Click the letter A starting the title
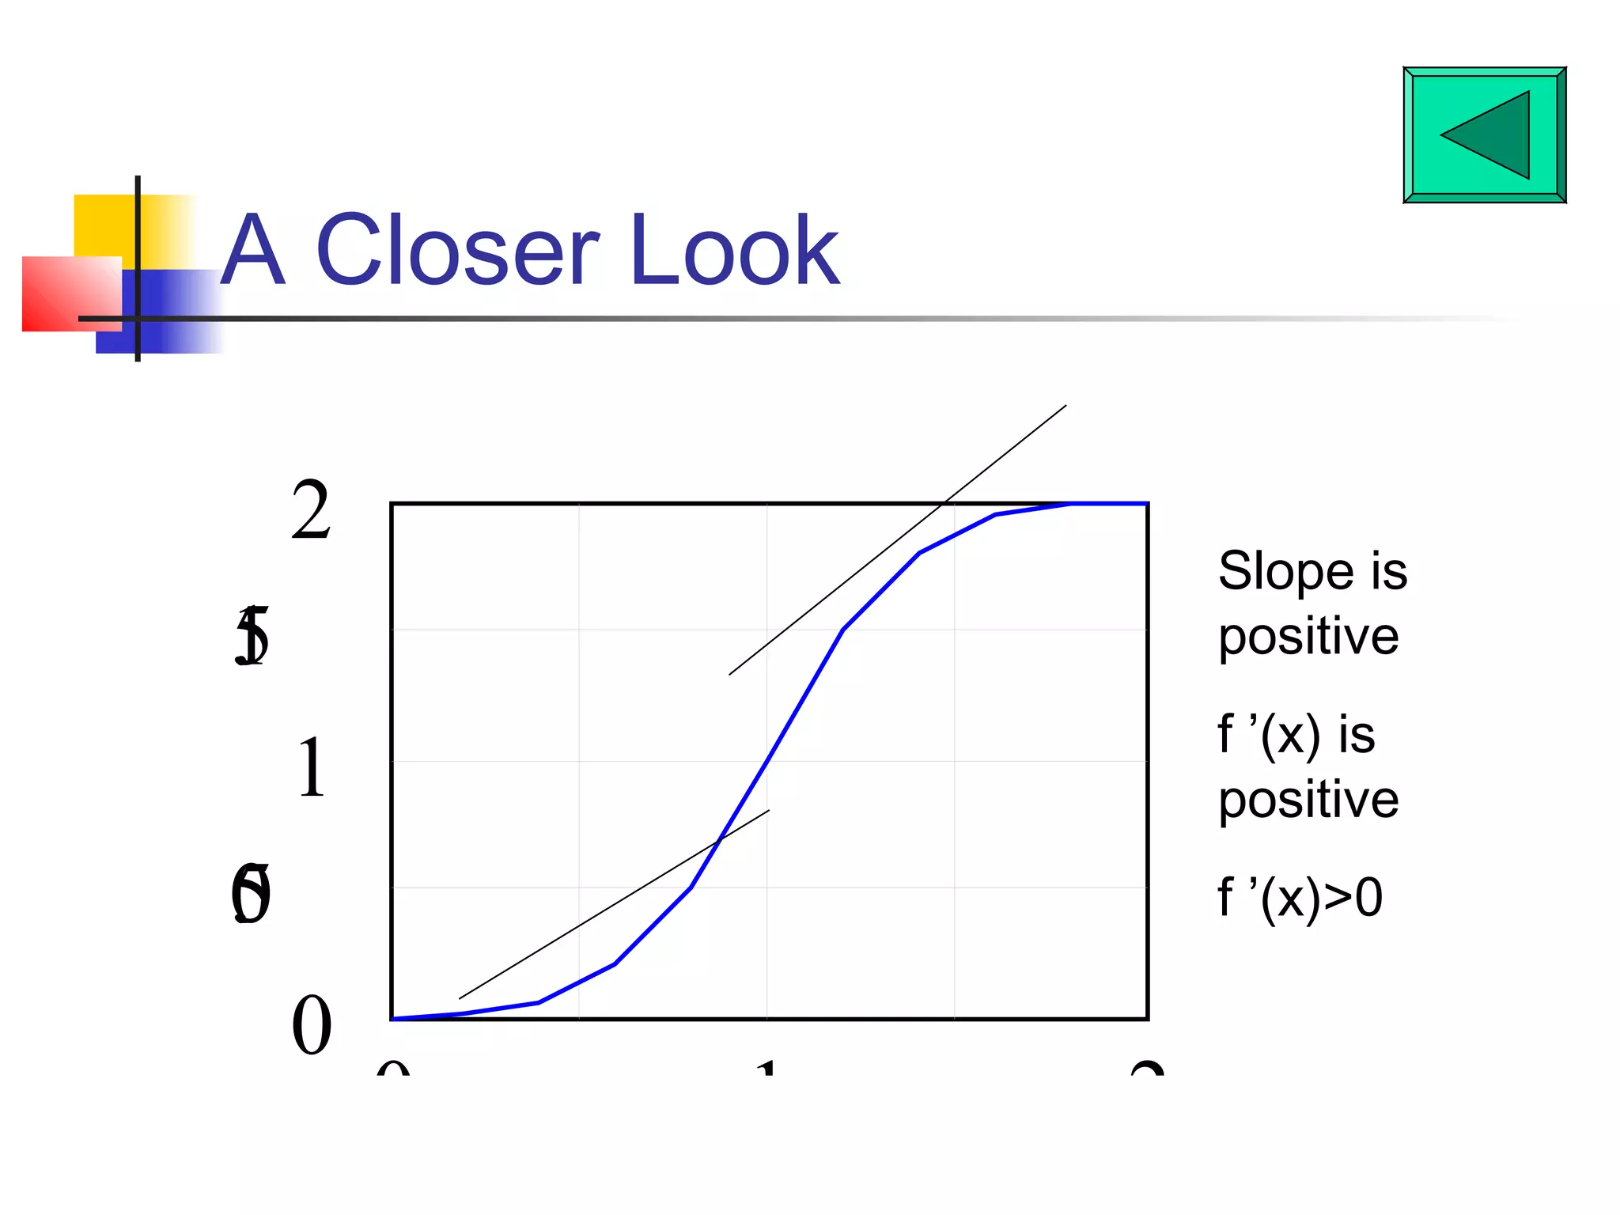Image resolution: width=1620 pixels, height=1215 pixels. (252, 252)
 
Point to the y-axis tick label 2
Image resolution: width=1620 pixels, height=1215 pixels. (311, 511)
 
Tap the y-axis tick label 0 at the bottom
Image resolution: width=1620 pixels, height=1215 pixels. (311, 1025)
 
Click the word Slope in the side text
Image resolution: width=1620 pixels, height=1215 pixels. (1286, 571)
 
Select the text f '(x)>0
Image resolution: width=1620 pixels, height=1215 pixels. (1300, 898)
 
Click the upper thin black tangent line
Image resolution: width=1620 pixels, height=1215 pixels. (898, 540)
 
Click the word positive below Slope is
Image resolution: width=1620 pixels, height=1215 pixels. (1308, 637)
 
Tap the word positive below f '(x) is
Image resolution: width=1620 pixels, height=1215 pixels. (1308, 800)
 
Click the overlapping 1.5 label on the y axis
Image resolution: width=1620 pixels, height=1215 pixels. (252, 636)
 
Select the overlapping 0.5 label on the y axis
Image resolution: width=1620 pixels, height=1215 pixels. (251, 895)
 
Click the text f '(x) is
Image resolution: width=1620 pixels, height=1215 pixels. (1296, 735)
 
